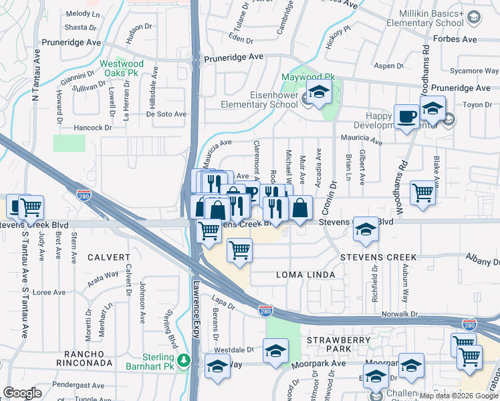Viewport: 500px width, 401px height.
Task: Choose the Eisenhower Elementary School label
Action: pyautogui.click(x=260, y=100)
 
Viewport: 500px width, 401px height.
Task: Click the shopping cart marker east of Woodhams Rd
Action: pyautogui.click(x=422, y=192)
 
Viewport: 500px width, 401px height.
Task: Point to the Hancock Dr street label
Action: pyautogui.click(x=93, y=127)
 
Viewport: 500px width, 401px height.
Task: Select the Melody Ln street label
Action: pyautogui.click(x=82, y=13)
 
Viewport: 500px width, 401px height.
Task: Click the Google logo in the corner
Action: pyautogui.click(x=23, y=393)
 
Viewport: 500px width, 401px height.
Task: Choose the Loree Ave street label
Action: pyautogui.click(x=49, y=292)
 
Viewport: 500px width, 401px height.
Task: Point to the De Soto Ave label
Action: pyautogui.click(x=166, y=114)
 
